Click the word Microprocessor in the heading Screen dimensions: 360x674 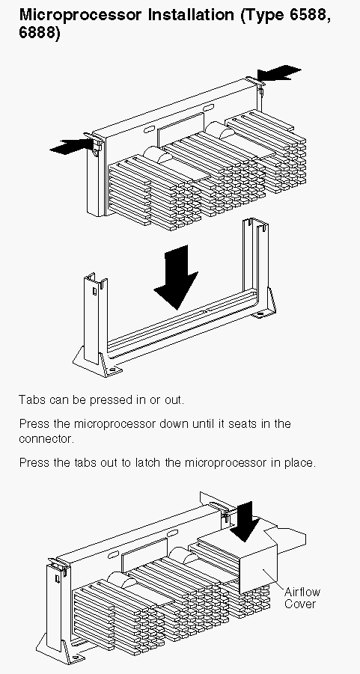pyautogui.click(x=80, y=16)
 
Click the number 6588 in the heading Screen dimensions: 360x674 pyautogui.click(x=307, y=16)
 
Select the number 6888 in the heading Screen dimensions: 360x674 pyautogui.click(x=37, y=33)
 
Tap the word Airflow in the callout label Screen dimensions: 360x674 pyautogui.click(x=302, y=592)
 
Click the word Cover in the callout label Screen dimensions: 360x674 pyautogui.click(x=300, y=604)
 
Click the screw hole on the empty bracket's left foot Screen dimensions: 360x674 pyautogui.click(x=112, y=370)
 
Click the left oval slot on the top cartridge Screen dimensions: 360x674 pyautogui.click(x=151, y=129)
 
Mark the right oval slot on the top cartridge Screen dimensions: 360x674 pyautogui.click(x=208, y=108)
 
